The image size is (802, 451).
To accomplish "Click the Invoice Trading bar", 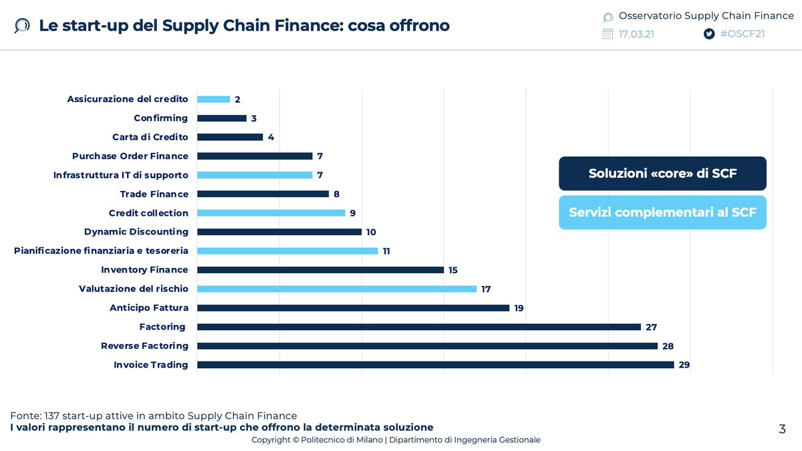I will point(435,365).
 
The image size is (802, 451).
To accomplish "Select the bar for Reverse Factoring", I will point(427,346).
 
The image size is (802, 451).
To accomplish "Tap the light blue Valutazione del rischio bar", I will point(336,289).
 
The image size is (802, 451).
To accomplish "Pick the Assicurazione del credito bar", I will point(213,100).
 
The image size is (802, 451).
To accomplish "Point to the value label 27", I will point(651,327).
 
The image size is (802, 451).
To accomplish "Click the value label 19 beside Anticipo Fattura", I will point(519,308).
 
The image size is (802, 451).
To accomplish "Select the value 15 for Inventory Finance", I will point(453,270).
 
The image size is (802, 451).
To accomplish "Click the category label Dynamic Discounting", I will point(136,232).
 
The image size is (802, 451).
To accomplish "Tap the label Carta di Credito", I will point(150,137).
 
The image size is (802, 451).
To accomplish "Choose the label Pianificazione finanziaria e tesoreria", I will point(101,251).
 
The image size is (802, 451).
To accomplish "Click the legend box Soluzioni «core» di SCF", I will point(662,174).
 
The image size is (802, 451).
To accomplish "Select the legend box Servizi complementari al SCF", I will point(662,212).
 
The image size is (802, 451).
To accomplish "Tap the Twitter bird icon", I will point(709,34).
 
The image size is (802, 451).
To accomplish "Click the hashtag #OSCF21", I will point(742,34).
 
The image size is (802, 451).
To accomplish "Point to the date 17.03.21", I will point(636,34).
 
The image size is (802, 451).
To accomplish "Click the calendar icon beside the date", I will point(608,34).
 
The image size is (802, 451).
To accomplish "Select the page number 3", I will point(782,429).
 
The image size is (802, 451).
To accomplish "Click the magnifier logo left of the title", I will point(22,26).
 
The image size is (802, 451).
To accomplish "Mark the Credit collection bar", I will point(271,213).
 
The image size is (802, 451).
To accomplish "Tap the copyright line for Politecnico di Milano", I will point(396,440).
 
